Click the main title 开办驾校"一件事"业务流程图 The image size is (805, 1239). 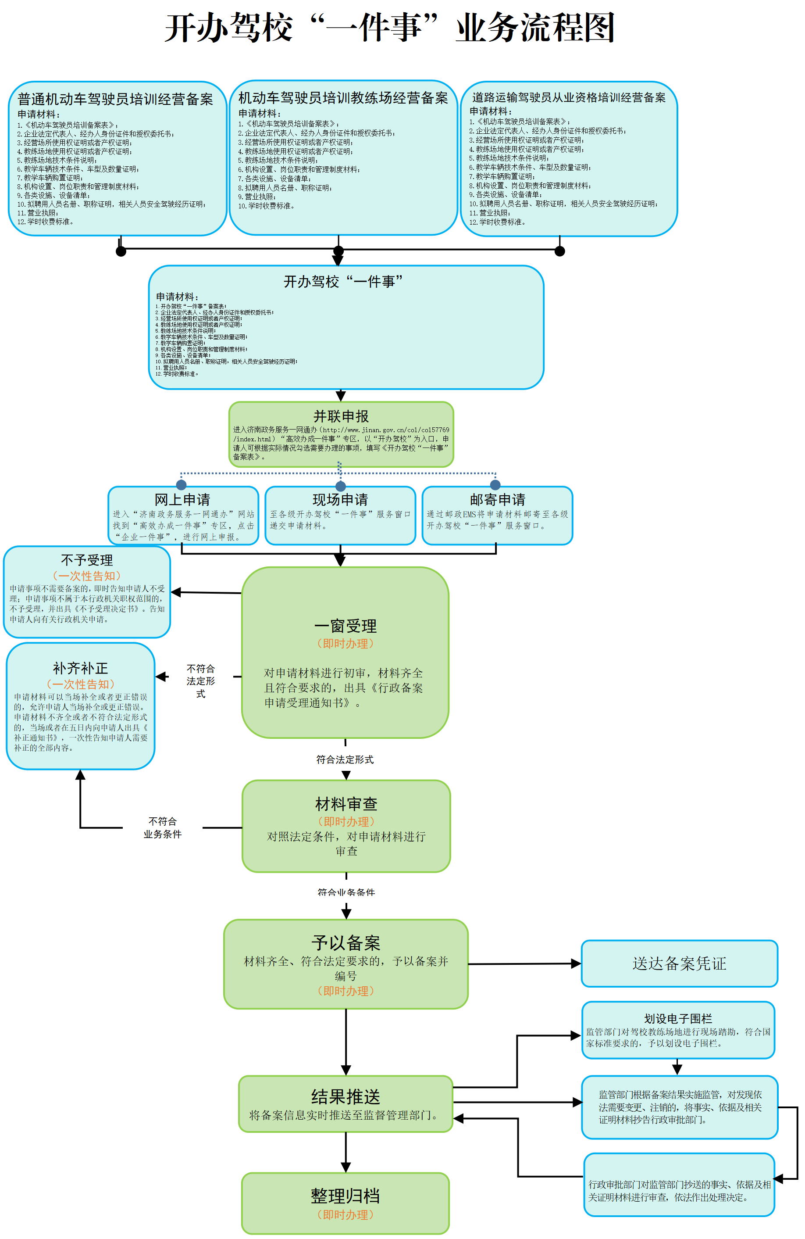(390, 27)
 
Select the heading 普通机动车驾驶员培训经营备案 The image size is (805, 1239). (115, 99)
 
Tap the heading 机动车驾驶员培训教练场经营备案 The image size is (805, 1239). (343, 98)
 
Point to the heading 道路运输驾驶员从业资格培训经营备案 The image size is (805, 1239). (568, 97)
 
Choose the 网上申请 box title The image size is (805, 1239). (182, 500)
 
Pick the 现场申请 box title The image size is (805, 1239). (340, 500)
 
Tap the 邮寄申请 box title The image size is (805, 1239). (498, 500)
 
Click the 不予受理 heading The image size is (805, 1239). (87, 560)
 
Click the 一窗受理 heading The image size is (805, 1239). (346, 626)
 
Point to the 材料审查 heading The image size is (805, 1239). (346, 804)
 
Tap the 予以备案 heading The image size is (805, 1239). (346, 942)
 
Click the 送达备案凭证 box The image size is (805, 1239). (679, 963)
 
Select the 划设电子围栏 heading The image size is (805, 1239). (677, 1019)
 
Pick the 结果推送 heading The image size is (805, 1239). (346, 1097)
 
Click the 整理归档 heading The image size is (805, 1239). (346, 1196)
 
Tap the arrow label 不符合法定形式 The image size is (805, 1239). (200, 681)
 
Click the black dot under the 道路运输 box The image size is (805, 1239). (559, 251)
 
